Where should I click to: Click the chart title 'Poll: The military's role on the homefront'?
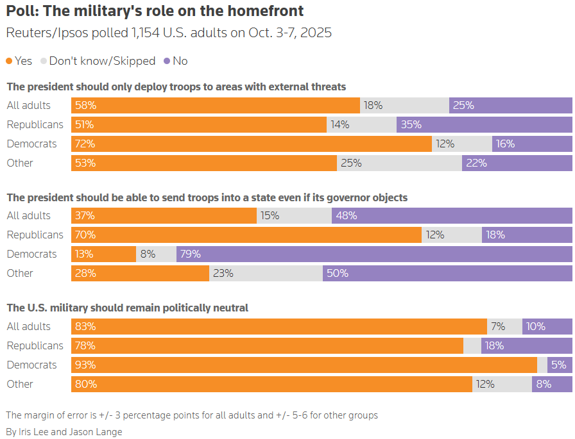(155, 11)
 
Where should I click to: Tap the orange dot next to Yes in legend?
(9, 61)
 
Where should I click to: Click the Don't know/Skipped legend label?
(102, 61)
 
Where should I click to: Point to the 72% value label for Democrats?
(85, 144)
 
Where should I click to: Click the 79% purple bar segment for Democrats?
(374, 254)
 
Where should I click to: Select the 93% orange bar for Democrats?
(304, 365)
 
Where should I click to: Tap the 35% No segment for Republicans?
(484, 124)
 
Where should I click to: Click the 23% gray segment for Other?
(266, 273)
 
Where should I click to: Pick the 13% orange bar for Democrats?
(103, 254)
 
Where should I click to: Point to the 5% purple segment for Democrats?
(560, 365)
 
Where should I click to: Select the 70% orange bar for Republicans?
(246, 235)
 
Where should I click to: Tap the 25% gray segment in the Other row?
(399, 163)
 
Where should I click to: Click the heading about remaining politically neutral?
(127, 308)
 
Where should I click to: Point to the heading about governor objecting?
(207, 197)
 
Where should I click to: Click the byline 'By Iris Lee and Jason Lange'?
(64, 431)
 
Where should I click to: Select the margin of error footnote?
(191, 415)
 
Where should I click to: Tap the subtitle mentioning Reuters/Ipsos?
(168, 33)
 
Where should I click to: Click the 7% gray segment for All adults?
(504, 326)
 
